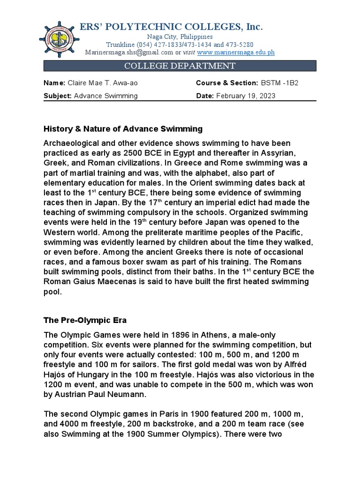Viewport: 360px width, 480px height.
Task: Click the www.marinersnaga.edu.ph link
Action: pyautogui.click(x=236, y=52)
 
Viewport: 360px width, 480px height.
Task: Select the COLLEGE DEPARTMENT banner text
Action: pyautogui.click(x=180, y=66)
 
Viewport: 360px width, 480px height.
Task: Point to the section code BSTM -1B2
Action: pyautogui.click(x=279, y=83)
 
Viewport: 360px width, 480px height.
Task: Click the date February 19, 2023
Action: pyautogui.click(x=246, y=96)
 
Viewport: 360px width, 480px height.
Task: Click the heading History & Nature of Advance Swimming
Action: pyautogui.click(x=123, y=128)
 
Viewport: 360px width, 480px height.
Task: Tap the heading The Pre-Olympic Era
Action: pyautogui.click(x=85, y=320)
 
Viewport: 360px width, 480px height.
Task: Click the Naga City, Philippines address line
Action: pyautogui.click(x=180, y=37)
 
